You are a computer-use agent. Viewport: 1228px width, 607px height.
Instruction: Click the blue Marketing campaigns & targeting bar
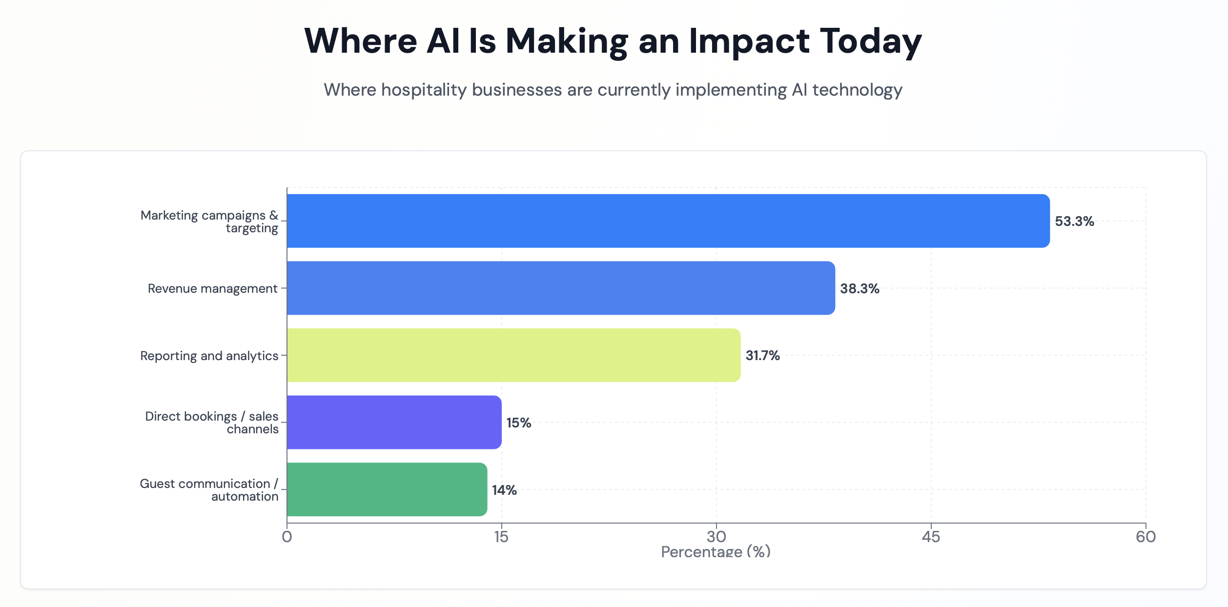668,221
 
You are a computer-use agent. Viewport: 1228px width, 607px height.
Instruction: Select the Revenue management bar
560,288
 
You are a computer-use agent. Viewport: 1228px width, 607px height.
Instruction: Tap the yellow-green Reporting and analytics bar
513,355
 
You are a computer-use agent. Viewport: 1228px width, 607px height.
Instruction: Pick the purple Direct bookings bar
394,422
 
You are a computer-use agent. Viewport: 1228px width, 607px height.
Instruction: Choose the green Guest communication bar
387,489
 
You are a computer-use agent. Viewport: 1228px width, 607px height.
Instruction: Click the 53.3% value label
1074,222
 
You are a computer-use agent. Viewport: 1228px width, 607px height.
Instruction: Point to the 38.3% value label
860,288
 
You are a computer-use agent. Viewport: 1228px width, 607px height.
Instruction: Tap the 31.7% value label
762,356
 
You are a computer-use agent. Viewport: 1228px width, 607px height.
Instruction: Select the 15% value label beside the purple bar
518,423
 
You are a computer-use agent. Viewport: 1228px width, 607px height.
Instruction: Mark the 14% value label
504,490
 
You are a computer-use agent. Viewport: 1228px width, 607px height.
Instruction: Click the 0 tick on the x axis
287,537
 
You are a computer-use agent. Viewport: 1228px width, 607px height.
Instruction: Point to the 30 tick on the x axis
716,537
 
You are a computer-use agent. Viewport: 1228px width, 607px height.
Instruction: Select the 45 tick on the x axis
931,537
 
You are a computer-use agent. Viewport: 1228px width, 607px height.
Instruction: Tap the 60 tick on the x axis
1146,537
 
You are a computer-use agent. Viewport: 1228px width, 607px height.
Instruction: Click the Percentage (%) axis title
716,552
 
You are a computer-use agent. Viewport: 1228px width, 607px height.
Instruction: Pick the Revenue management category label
212,288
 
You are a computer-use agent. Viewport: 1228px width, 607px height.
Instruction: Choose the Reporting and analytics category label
209,356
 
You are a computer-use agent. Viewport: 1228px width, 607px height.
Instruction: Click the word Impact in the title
749,41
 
